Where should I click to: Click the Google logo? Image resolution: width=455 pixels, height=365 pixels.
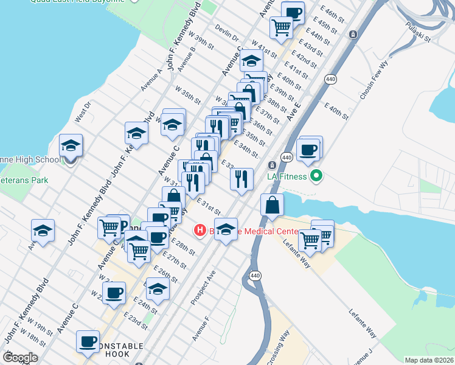[20, 358]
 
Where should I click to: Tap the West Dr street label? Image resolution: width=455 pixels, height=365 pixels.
[82, 112]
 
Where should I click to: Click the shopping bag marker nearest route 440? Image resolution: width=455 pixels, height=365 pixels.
[273, 206]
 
